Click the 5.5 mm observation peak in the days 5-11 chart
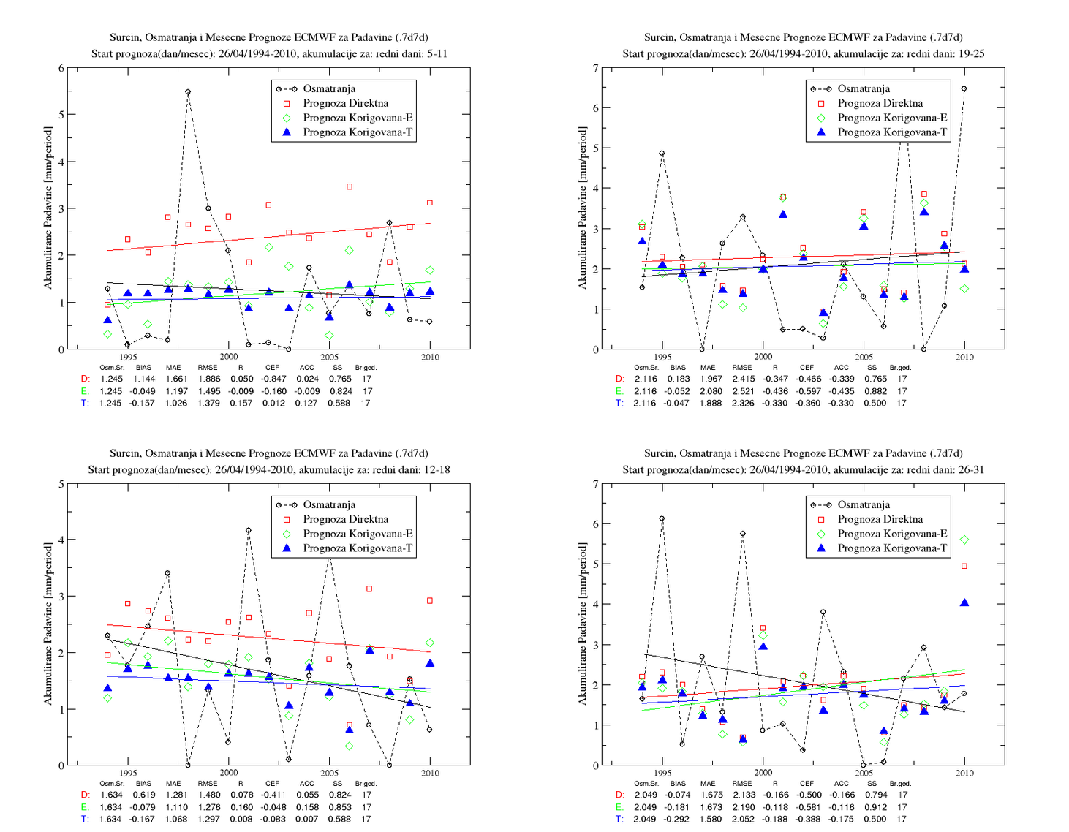(x=188, y=92)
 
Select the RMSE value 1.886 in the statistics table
(x=208, y=379)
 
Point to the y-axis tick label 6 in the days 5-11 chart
(x=61, y=68)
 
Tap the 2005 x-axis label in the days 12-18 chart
(x=329, y=773)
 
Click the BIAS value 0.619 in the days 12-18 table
(x=143, y=795)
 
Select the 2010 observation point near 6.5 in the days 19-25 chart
(x=964, y=89)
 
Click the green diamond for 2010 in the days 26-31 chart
(x=964, y=540)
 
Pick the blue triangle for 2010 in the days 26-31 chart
(x=964, y=602)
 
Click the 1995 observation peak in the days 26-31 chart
(x=662, y=518)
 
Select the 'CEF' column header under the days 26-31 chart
(x=807, y=783)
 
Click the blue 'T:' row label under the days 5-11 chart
(x=85, y=403)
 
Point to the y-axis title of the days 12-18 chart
(x=48, y=624)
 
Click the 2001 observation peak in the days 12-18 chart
(x=249, y=531)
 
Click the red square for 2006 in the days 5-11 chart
(x=350, y=187)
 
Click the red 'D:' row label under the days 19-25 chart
(x=620, y=379)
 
